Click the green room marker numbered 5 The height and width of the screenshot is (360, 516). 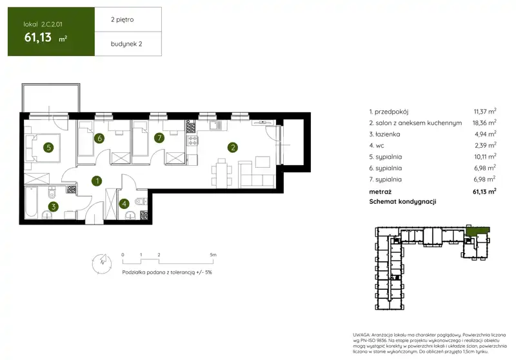click(x=49, y=148)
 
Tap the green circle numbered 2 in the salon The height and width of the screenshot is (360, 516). click(x=233, y=148)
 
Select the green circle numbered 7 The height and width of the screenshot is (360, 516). click(x=159, y=137)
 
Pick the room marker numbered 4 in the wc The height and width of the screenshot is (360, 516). click(x=124, y=204)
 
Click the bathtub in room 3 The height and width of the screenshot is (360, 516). click(x=31, y=202)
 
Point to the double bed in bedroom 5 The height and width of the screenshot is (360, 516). click(x=43, y=148)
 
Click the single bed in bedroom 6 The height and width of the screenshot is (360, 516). click(x=85, y=139)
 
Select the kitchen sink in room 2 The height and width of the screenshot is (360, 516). click(x=217, y=125)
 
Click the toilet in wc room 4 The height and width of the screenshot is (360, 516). click(x=141, y=201)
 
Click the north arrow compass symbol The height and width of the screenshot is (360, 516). click(x=102, y=264)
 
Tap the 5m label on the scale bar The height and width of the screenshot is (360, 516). click(x=213, y=255)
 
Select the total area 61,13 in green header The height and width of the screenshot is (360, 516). click(x=38, y=37)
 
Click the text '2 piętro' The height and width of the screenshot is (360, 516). click(x=122, y=20)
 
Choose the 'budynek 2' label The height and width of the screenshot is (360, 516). click(x=126, y=44)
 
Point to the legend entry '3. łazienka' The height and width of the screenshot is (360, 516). click(x=384, y=134)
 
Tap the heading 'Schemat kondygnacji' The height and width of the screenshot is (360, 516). click(x=402, y=201)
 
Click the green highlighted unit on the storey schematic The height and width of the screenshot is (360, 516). click(x=477, y=231)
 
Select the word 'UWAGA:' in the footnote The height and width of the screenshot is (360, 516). click(x=361, y=335)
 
